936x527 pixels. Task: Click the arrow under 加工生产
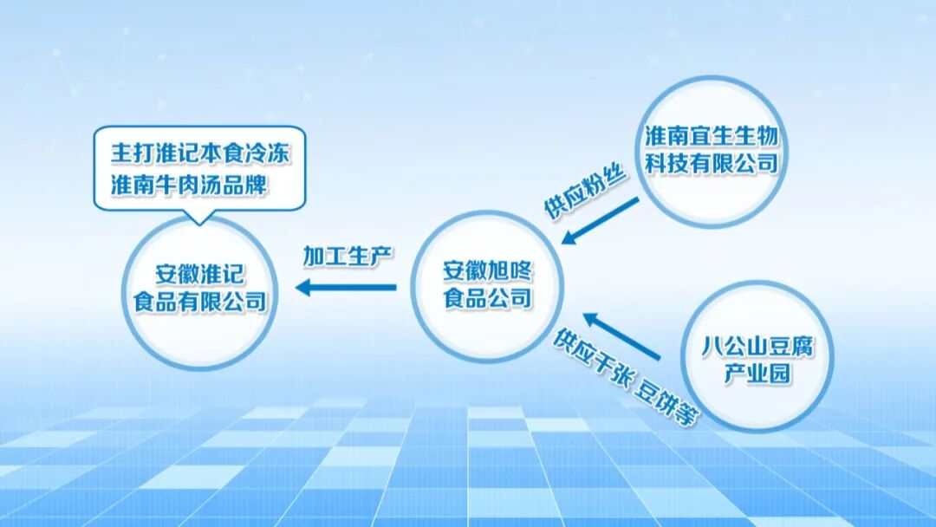pos(347,288)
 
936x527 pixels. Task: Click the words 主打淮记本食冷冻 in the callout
pos(200,153)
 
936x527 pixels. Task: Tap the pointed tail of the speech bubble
pos(201,218)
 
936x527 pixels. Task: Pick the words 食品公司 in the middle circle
pos(487,299)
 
